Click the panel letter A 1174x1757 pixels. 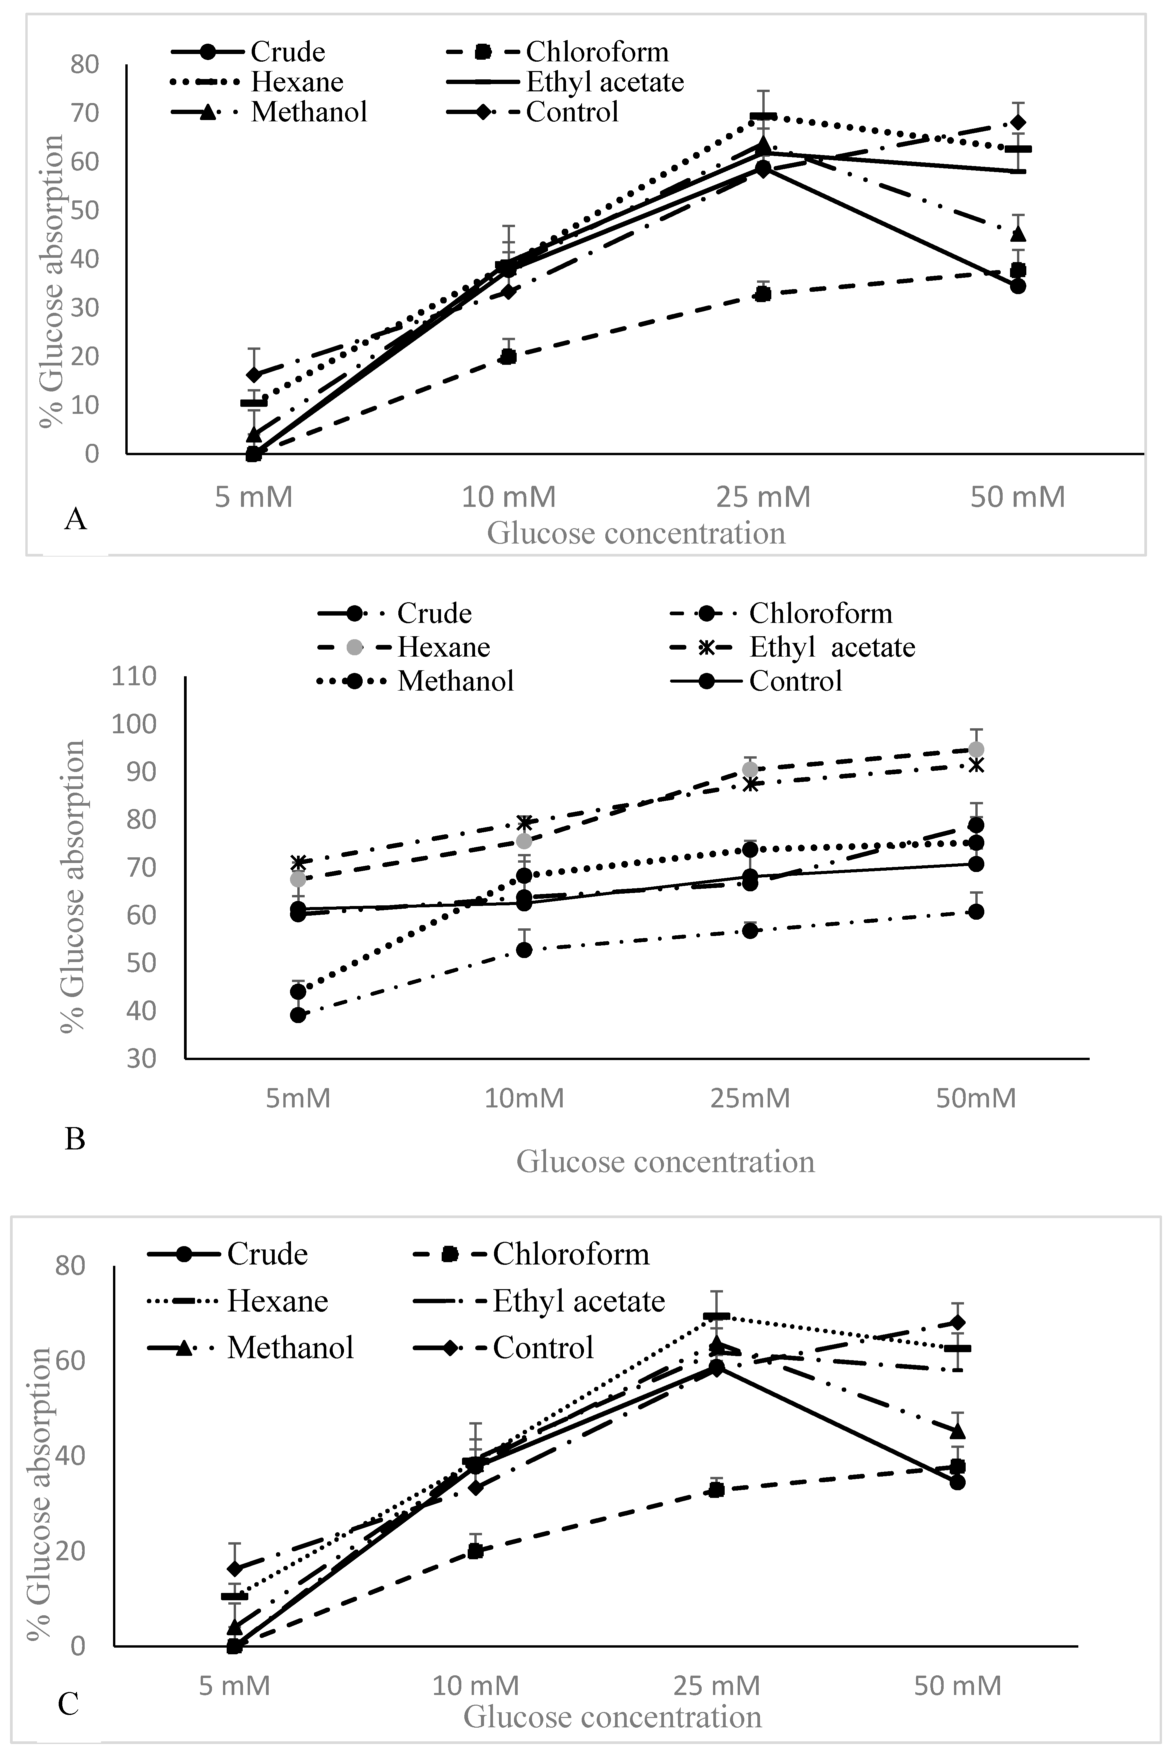click(76, 518)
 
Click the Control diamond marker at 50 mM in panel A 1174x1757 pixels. click(1018, 123)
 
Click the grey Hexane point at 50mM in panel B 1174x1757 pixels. click(976, 750)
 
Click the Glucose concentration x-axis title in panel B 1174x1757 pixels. click(665, 1161)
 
